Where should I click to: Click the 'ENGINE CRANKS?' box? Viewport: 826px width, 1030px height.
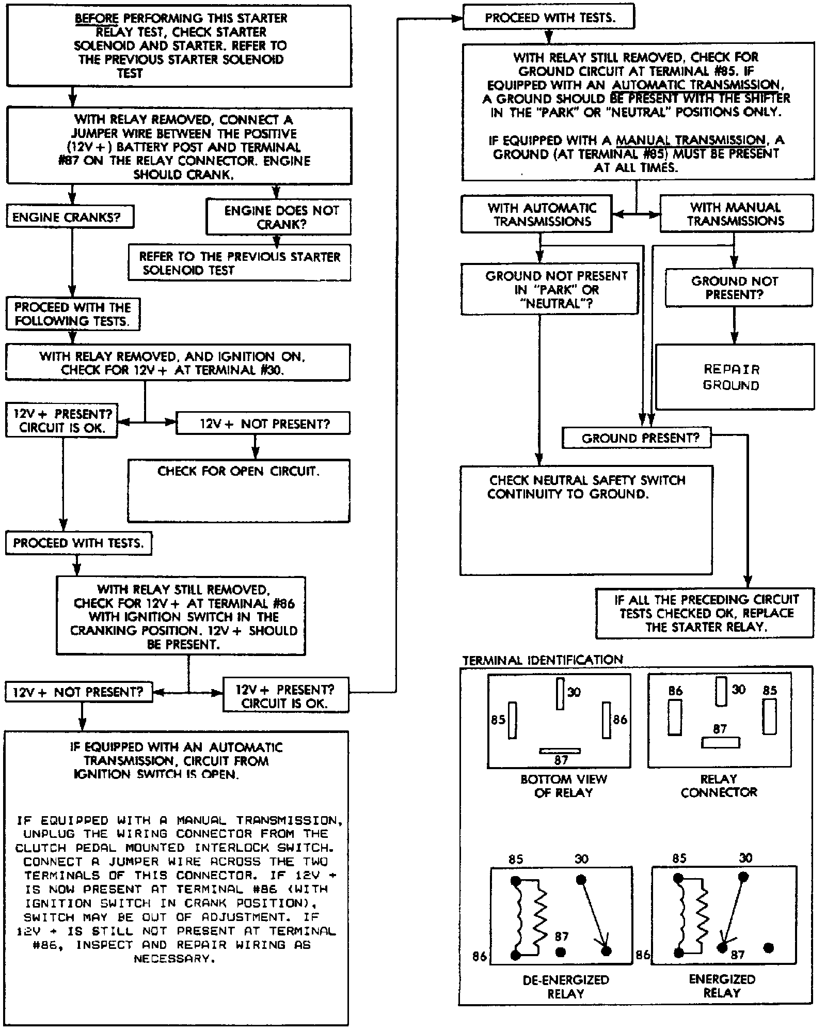tap(69, 217)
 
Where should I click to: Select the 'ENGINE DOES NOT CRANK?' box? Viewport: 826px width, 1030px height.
tap(278, 217)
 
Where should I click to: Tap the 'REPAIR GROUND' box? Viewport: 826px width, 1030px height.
tap(734, 377)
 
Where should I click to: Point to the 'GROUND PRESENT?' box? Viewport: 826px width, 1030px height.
tap(637, 438)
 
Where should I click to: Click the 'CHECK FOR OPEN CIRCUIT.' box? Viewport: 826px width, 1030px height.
tap(239, 490)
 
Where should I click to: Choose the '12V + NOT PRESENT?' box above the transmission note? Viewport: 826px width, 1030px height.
tap(79, 692)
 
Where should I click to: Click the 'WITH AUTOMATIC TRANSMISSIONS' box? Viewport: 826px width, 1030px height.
tap(537, 214)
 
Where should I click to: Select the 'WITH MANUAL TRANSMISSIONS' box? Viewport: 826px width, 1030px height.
tap(736, 214)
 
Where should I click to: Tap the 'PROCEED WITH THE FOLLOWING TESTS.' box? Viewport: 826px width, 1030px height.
tap(73, 314)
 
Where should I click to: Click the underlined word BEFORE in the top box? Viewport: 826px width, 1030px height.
tap(97, 18)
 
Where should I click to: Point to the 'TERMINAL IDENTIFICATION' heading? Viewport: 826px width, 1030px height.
tap(542, 660)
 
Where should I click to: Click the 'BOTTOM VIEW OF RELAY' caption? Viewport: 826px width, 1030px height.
tap(563, 786)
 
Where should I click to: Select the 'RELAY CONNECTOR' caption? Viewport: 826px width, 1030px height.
tap(719, 785)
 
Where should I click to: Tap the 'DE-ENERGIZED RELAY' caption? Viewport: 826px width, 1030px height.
tap(565, 986)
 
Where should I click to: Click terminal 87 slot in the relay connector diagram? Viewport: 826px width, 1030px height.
tap(720, 743)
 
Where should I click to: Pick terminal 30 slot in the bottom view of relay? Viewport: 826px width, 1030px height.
tap(560, 694)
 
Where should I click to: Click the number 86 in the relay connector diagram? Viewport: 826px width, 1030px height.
tap(675, 691)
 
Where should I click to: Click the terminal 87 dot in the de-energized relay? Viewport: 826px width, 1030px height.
tap(561, 951)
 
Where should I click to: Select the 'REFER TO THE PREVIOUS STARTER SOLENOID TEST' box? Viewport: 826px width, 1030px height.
tap(240, 263)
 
